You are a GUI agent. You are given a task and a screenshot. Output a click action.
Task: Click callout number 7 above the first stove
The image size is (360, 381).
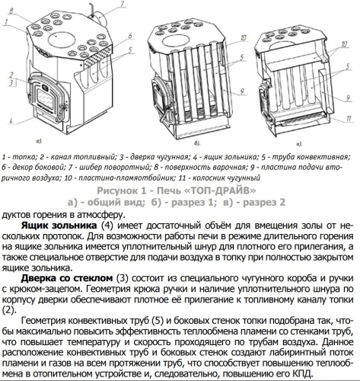(x=122, y=5)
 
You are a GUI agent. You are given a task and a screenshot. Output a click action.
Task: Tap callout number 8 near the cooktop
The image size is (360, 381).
(x=12, y=11)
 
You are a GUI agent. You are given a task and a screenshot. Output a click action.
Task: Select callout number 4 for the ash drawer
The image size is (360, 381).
(x=11, y=120)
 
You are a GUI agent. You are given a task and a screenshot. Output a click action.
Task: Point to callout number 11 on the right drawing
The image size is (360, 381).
(x=349, y=118)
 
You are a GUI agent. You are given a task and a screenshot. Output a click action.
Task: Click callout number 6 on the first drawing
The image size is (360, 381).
(x=130, y=36)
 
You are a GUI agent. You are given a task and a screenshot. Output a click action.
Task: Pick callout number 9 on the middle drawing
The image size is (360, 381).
(x=242, y=91)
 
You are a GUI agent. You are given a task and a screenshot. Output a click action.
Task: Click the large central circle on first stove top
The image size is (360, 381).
(x=62, y=40)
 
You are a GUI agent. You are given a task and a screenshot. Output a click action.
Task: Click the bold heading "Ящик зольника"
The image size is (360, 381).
(x=59, y=226)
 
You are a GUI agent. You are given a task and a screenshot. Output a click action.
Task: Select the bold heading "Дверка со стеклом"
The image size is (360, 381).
(x=67, y=278)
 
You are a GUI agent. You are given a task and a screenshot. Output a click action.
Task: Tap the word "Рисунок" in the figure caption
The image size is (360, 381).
(x=117, y=190)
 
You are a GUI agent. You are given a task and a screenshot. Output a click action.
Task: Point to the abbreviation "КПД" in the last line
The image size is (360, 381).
(x=304, y=374)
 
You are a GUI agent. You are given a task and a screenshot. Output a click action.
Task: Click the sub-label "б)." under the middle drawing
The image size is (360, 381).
(x=198, y=143)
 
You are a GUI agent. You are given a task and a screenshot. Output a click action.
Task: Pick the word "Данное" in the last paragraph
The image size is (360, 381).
(x=338, y=342)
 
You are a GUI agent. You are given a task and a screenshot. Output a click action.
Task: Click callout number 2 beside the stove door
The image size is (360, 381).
(x=11, y=75)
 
